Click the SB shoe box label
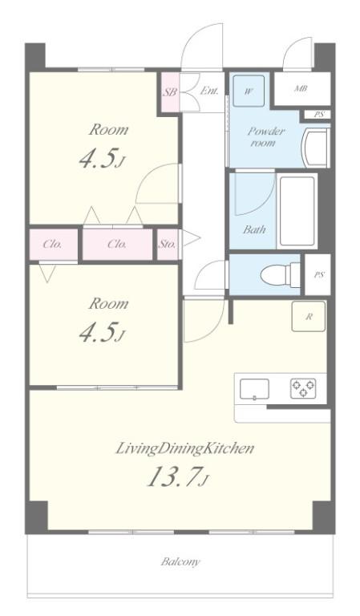coord(170,92)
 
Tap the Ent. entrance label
coord(209,91)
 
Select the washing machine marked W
coord(249,91)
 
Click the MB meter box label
coord(301,88)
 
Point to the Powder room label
coord(265,136)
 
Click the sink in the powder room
coord(315,148)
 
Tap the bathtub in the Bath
coord(297,211)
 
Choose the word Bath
coord(254,229)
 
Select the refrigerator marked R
coord(309,316)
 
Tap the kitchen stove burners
coord(303,388)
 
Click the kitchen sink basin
coord(254,389)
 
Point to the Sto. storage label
coord(167,244)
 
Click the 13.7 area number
coord(176,476)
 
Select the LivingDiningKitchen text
coord(184,448)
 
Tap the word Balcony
coord(180,561)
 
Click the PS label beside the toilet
coord(319,274)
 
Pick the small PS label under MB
coord(319,115)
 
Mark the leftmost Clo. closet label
coord(52,244)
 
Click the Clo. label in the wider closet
coord(117,244)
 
